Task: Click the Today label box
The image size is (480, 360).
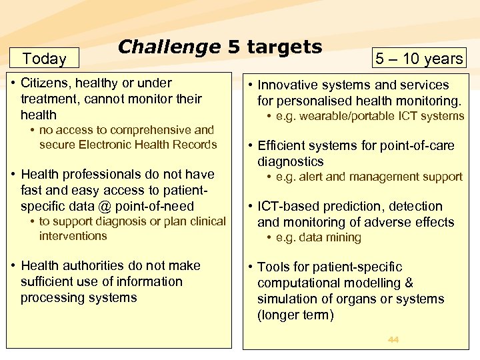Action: coord(44,59)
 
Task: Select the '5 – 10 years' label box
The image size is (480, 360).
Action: coord(419,59)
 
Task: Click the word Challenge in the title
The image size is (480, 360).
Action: coord(169,47)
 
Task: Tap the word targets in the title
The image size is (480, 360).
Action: coord(285,47)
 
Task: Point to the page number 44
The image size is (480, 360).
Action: coord(393,340)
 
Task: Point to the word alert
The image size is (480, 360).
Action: coord(313,177)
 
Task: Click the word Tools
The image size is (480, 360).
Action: coord(273,267)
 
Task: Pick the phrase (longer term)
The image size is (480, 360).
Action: coord(295,315)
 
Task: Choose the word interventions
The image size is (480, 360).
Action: coord(73,235)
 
